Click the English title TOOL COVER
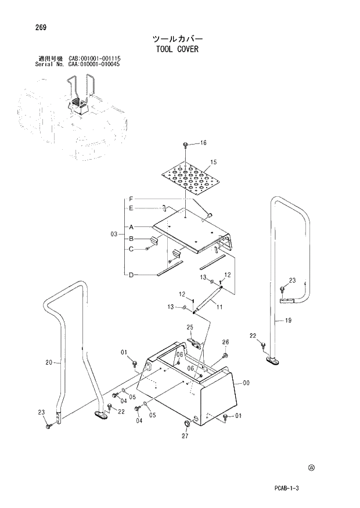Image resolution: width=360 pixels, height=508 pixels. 177,49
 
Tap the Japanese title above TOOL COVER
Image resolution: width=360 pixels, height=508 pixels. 177,38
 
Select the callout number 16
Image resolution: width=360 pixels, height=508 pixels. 203,143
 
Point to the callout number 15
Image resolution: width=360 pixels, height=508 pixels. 213,161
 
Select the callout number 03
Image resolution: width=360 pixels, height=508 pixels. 114,235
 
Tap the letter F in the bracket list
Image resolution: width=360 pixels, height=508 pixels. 131,198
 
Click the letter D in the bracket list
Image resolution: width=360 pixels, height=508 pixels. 131,275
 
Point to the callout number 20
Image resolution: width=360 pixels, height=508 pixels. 49,363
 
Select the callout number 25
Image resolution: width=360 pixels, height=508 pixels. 189,328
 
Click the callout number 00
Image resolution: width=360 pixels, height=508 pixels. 246,383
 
